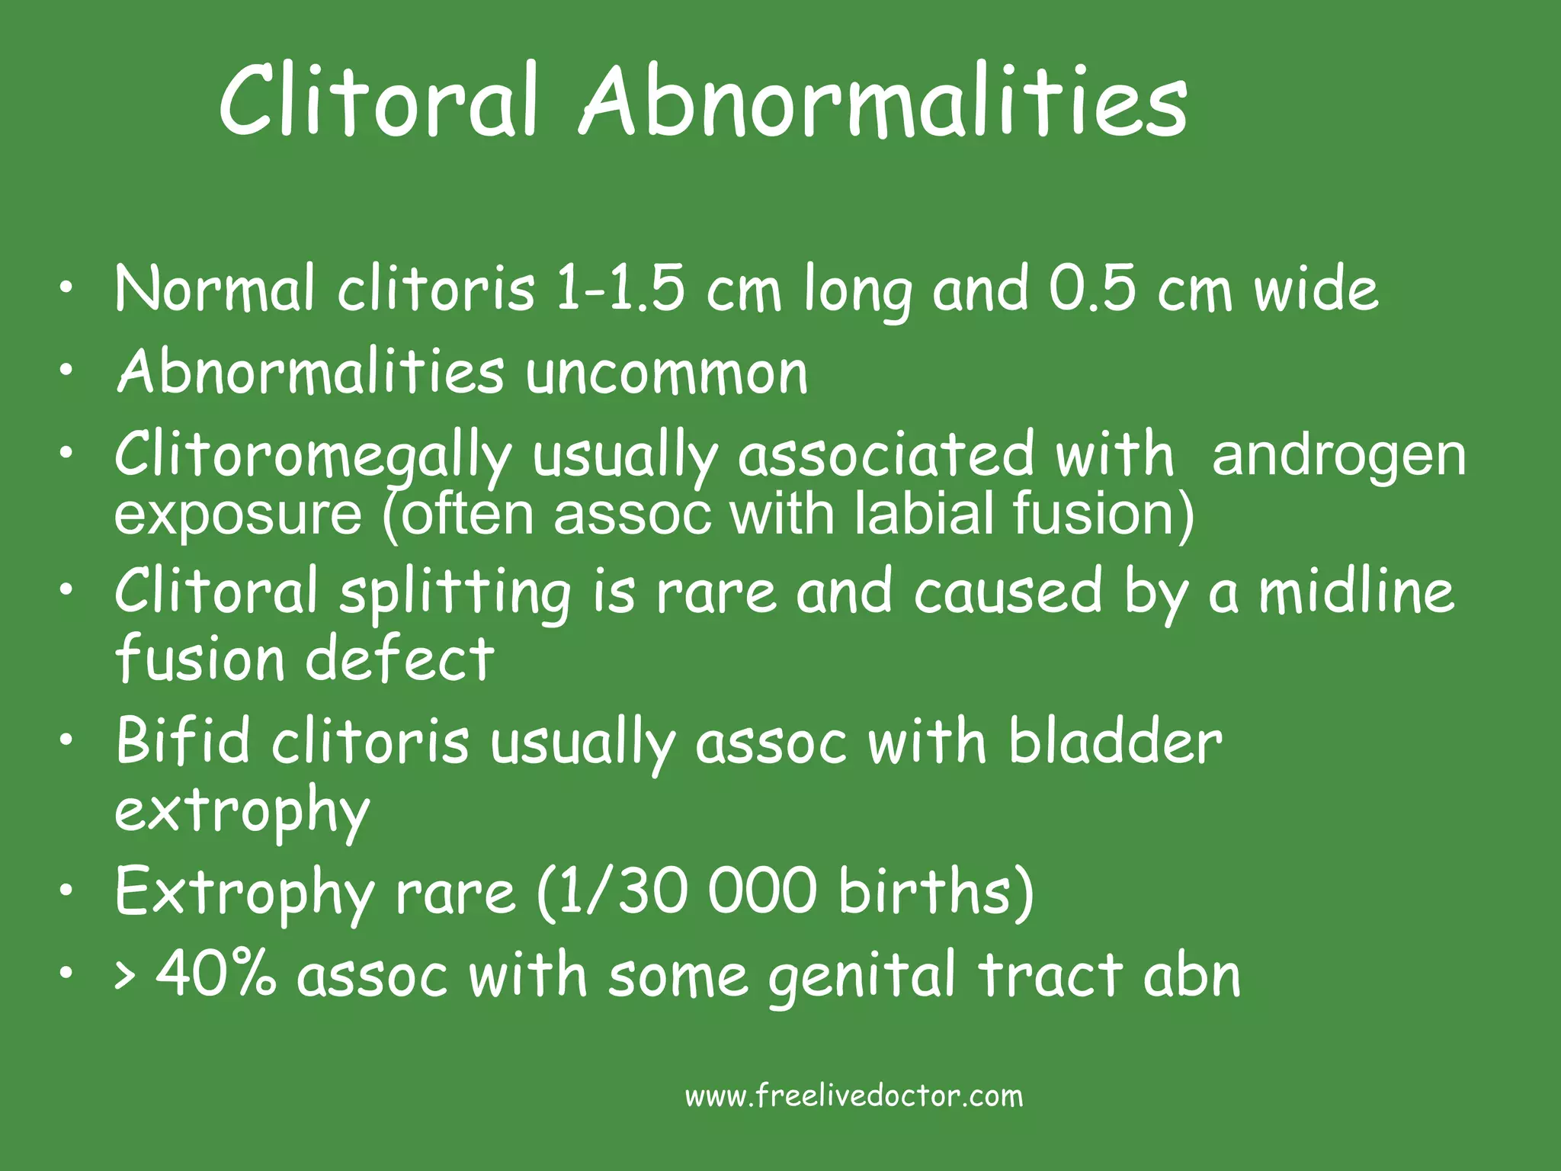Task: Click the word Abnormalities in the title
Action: click(x=884, y=103)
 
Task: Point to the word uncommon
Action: click(x=667, y=374)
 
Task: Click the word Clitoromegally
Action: click(x=313, y=456)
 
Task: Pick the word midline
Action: click(x=1356, y=592)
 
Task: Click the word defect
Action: click(x=399, y=659)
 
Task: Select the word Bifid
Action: click(x=183, y=740)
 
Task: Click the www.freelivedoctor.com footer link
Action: click(x=854, y=1096)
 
